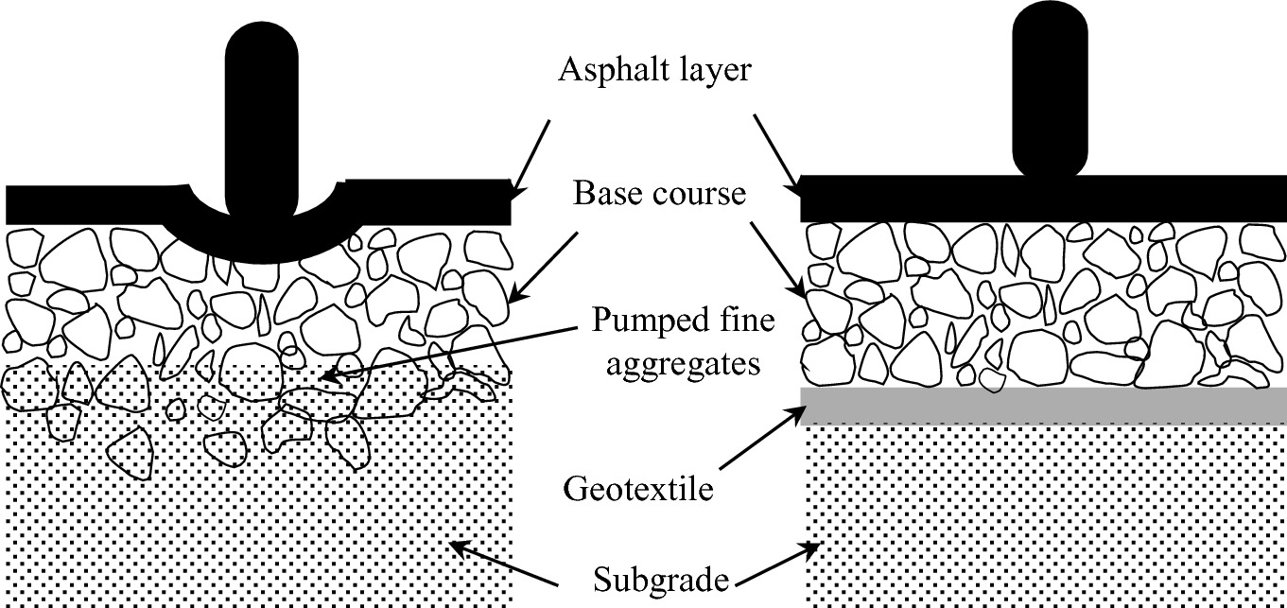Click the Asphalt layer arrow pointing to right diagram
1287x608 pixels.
(778, 155)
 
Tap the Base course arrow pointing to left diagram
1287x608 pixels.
(545, 264)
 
